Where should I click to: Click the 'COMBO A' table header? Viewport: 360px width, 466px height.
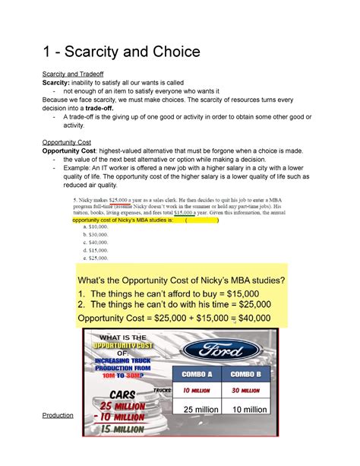click(x=196, y=373)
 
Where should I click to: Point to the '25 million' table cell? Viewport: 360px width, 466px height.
click(x=196, y=410)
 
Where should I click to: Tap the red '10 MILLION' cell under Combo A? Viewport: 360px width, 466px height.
click(x=196, y=391)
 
